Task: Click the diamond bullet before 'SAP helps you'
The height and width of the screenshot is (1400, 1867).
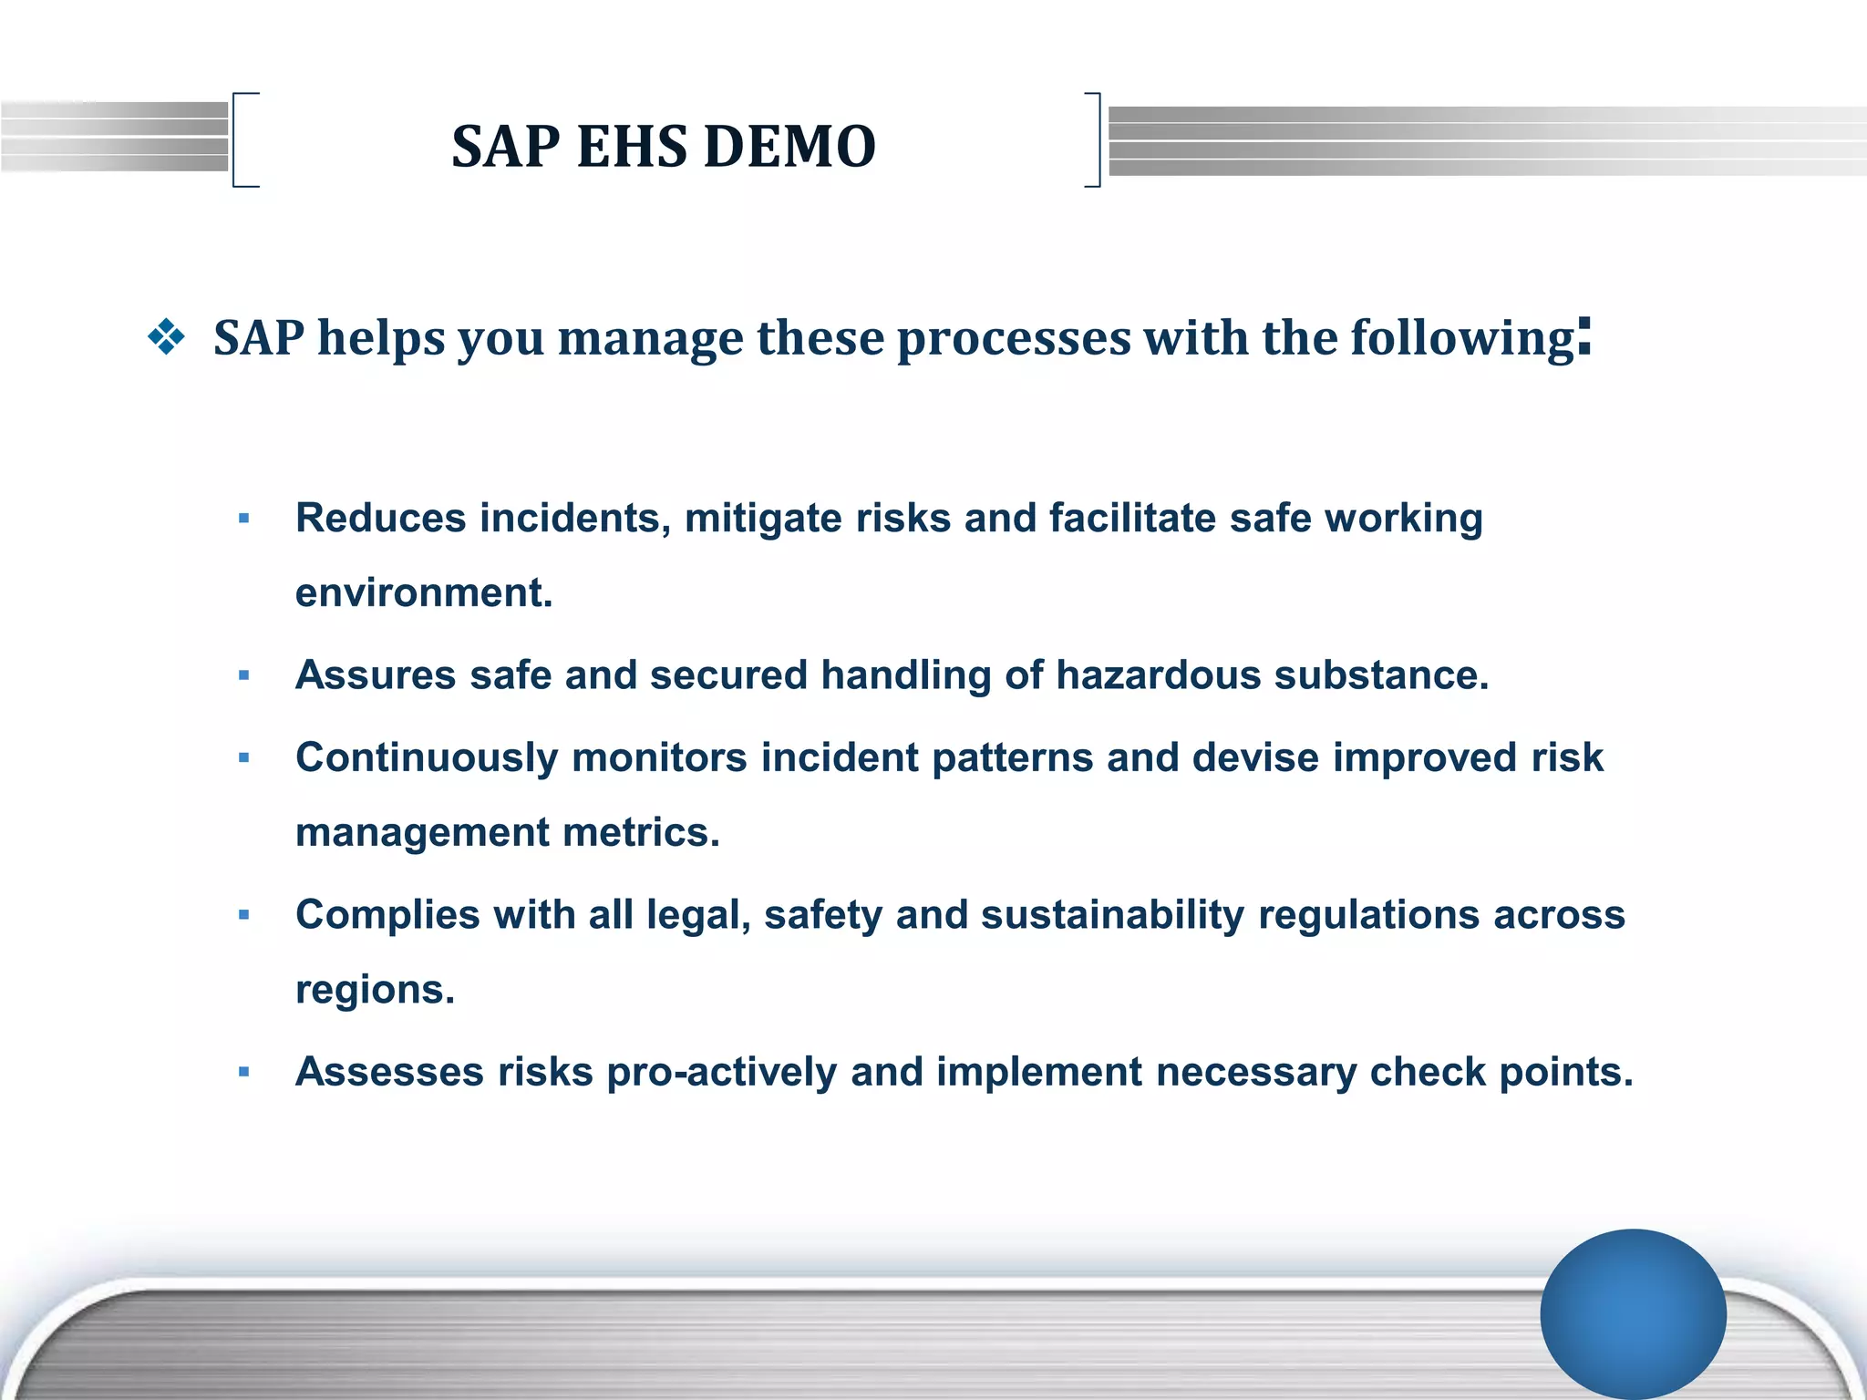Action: (166, 338)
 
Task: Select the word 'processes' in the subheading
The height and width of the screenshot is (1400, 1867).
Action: (1014, 339)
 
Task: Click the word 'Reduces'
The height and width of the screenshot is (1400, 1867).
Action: (381, 518)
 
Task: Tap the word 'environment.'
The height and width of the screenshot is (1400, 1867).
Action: (424, 592)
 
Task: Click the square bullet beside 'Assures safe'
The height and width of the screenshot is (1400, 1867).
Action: (243, 676)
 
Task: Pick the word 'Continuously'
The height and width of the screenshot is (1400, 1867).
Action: (427, 757)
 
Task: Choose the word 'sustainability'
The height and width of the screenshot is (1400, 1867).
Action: (1112, 914)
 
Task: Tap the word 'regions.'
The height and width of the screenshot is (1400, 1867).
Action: (375, 989)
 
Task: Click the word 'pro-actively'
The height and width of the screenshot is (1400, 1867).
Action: (721, 1072)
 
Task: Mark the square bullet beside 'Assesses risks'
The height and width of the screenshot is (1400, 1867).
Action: (243, 1072)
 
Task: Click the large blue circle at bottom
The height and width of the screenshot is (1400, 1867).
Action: (1633, 1313)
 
